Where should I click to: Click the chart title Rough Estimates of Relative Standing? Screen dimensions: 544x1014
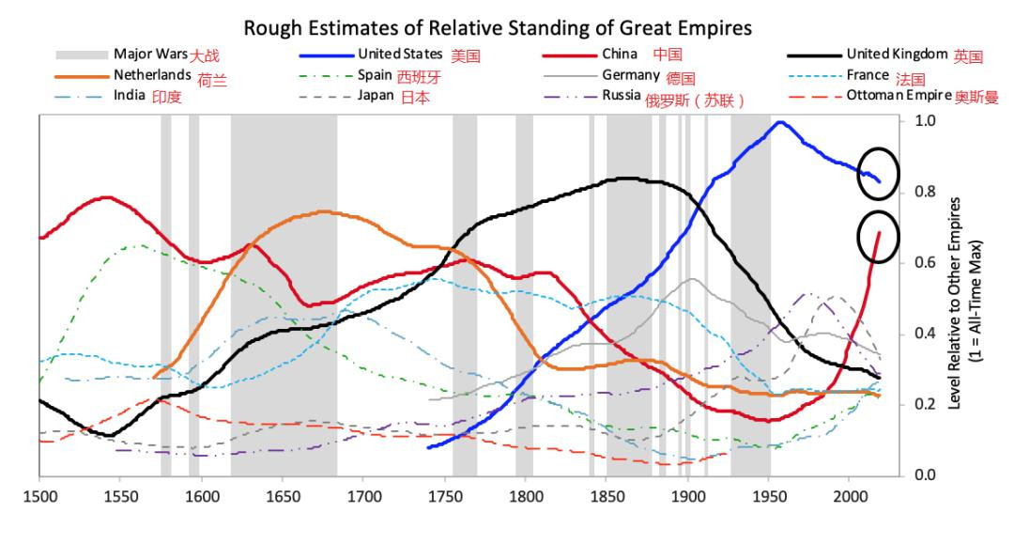(498, 28)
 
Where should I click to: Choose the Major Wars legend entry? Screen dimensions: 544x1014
(150, 54)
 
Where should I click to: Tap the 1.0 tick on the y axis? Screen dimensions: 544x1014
(925, 121)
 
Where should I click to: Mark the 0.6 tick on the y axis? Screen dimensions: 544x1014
(925, 263)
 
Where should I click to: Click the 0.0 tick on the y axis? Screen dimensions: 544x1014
(925, 474)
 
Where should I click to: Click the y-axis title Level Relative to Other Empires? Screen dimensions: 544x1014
(965, 301)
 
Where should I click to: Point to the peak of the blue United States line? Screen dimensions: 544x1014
(779, 122)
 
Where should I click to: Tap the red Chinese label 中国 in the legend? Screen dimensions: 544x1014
(668, 54)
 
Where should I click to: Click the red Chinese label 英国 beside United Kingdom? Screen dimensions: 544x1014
(968, 55)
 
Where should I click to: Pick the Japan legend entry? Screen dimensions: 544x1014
(376, 95)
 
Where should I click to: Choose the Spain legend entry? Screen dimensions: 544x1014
(374, 74)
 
